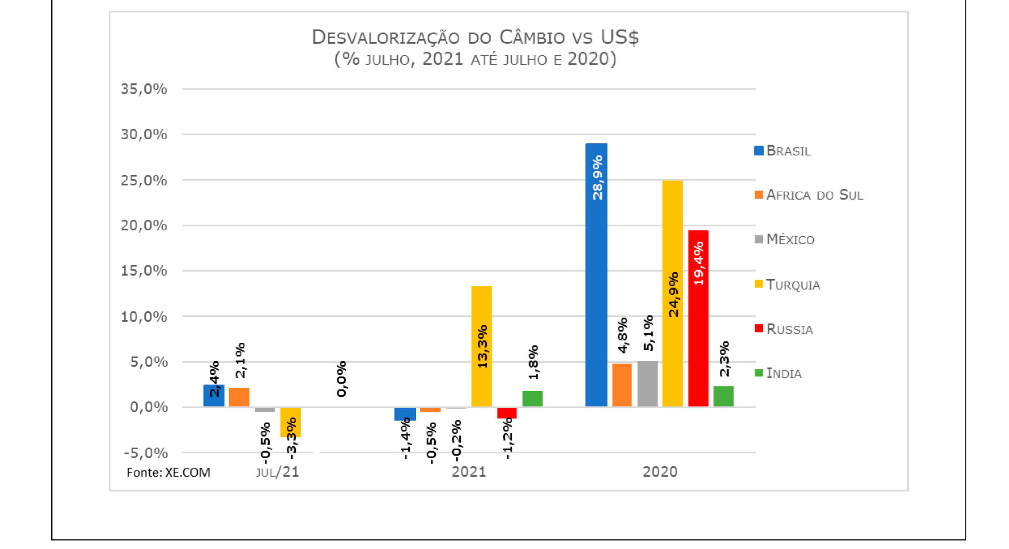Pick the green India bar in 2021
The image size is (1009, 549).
pyautogui.click(x=532, y=399)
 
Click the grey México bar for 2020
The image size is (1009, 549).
pyautogui.click(x=647, y=384)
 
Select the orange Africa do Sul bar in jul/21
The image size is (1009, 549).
pyautogui.click(x=239, y=397)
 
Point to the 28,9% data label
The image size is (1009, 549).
pyautogui.click(x=597, y=178)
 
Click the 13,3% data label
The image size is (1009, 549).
pyautogui.click(x=482, y=347)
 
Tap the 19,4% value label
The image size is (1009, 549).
pyautogui.click(x=698, y=263)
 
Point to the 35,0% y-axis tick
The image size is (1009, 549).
pyautogui.click(x=144, y=89)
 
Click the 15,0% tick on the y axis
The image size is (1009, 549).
pyautogui.click(x=144, y=271)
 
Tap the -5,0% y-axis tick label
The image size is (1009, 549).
pyautogui.click(x=146, y=453)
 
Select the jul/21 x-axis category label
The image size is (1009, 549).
pyautogui.click(x=277, y=472)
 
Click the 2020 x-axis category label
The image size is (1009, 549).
pyautogui.click(x=660, y=472)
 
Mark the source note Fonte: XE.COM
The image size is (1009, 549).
pyautogui.click(x=169, y=473)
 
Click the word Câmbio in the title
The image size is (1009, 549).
pyautogui.click(x=532, y=38)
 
